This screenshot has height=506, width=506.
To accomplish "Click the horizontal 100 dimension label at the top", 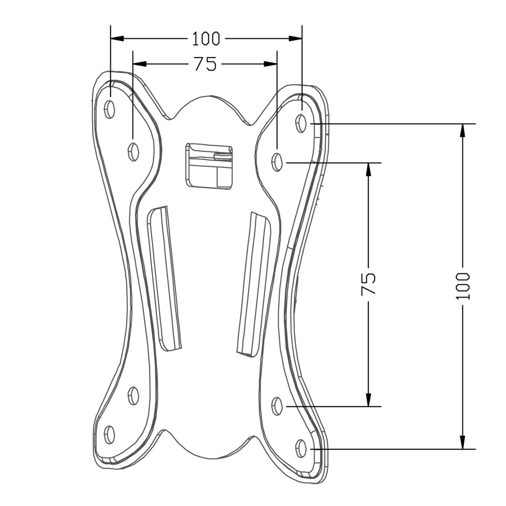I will pos(206,38).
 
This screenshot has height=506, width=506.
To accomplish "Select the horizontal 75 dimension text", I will pos(205,64).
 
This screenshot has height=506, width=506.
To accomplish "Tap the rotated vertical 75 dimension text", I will pos(369,284).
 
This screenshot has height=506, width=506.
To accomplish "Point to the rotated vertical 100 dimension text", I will pos(462,286).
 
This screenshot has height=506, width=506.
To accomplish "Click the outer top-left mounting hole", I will pos(110,109).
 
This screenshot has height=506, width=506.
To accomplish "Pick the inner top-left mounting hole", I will pos(134,151).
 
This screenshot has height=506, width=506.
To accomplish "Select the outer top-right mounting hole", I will pos(301,123).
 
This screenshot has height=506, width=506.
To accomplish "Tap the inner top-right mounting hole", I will pos(277,162).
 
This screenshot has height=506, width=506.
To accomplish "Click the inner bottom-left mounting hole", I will pos(134,396).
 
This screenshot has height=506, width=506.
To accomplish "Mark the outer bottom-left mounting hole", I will pos(110,435).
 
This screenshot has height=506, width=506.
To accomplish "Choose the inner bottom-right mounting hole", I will pos(277,406).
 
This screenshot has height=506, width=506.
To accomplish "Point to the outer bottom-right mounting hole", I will pos(301,449).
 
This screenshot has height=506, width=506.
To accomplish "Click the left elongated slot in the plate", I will pos(164,279).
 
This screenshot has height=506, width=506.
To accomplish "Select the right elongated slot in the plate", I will pos(254,284).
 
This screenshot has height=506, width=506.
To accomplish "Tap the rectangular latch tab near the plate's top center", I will pos(209,166).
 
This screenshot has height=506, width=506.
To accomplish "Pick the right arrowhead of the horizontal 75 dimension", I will pos(271,64).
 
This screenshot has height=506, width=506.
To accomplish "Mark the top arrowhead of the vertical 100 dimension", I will pos(462,130).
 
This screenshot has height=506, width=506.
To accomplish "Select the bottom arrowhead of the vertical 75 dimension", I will pos(369,400).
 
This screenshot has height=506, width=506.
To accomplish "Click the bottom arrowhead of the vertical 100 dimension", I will pos(462,442).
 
